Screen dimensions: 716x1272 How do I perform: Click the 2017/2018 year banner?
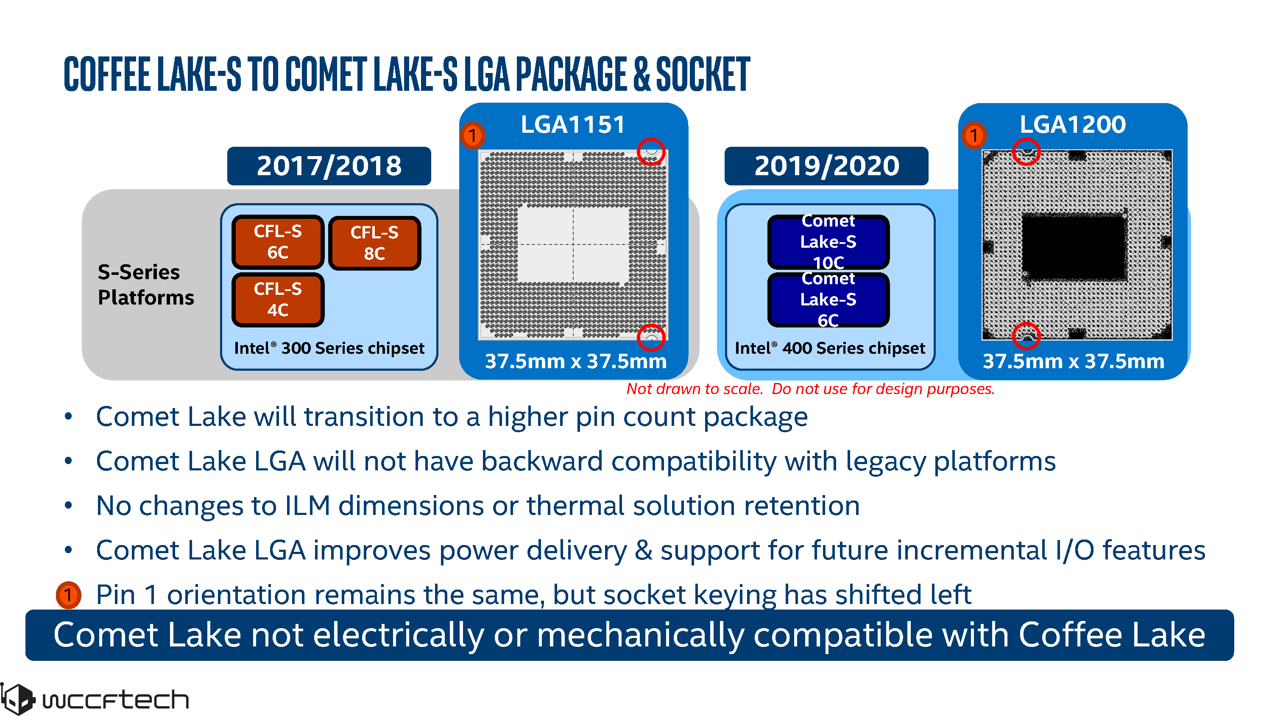point(329,166)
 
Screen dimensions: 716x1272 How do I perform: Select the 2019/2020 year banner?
point(826,166)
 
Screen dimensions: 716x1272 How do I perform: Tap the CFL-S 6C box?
point(278,242)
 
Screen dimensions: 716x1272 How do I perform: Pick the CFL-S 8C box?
point(374,243)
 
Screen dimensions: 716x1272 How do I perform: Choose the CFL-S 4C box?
point(278,299)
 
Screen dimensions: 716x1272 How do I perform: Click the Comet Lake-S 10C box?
point(828,242)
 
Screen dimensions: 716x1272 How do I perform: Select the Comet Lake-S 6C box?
point(828,299)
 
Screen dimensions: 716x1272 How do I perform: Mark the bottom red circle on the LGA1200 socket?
point(1026,336)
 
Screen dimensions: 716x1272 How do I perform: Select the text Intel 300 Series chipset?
point(329,348)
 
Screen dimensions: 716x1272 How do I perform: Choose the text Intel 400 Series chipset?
point(830,348)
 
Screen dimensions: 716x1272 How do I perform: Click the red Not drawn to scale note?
point(810,389)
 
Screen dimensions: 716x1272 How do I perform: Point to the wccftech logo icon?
point(18,699)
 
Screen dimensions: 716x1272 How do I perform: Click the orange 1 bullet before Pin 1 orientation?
point(68,594)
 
